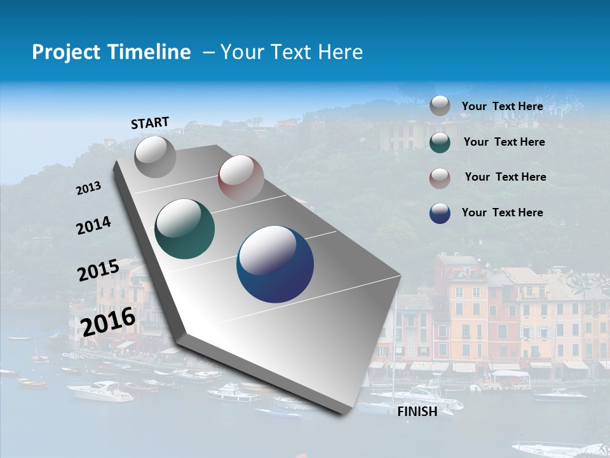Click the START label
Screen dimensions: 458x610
coord(150,123)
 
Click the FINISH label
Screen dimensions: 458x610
coord(417,412)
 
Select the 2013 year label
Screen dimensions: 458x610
coord(88,188)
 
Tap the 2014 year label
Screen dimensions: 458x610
coord(93,225)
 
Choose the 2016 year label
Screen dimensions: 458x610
coord(108,321)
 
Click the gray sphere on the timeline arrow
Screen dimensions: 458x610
coord(156,157)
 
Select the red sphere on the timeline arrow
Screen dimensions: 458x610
coord(241,178)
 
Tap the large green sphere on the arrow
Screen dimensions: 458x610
coord(184,229)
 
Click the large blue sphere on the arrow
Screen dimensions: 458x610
coord(275,264)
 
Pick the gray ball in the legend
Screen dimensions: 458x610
coord(440,106)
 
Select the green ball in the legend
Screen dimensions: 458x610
coord(440,142)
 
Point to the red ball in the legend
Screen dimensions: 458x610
coord(440,177)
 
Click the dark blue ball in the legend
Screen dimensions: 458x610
coord(440,213)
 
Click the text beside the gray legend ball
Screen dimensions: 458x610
coord(502,106)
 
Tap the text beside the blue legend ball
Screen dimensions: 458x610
coord(502,212)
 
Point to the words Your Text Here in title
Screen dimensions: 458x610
coord(292,52)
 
